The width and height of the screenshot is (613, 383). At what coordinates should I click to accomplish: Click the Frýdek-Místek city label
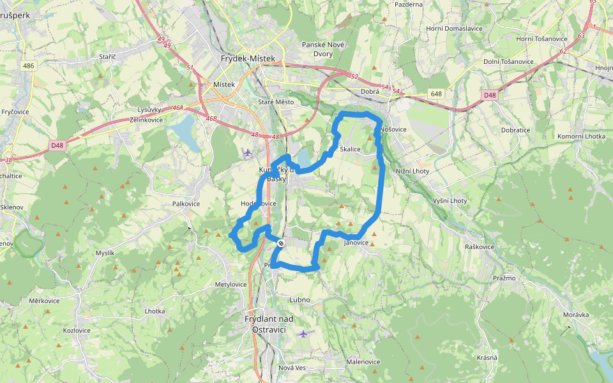(x=248, y=58)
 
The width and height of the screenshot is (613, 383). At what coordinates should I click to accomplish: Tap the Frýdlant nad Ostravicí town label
(x=269, y=324)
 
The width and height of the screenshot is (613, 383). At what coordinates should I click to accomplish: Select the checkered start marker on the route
(x=281, y=243)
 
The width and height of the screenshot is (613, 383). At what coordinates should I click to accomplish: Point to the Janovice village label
(x=356, y=243)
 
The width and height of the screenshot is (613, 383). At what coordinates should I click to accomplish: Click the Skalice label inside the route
(x=351, y=149)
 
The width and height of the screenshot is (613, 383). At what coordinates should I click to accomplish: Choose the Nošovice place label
(x=393, y=129)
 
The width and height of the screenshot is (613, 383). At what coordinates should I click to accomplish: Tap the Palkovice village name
(x=186, y=204)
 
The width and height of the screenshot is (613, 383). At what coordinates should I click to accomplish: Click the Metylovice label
(x=231, y=284)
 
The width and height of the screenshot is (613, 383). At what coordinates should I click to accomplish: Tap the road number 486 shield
(x=28, y=66)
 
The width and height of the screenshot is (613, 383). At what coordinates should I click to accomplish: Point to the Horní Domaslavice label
(x=454, y=29)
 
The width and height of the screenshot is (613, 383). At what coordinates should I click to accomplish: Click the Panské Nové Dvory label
(x=323, y=49)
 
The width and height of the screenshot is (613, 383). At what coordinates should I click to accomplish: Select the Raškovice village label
(x=480, y=246)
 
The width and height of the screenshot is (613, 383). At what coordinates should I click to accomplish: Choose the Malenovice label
(x=363, y=362)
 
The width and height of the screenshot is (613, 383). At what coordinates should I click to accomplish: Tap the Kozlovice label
(x=77, y=331)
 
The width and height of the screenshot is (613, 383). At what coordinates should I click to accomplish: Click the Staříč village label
(x=107, y=57)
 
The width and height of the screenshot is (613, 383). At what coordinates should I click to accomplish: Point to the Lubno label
(x=299, y=299)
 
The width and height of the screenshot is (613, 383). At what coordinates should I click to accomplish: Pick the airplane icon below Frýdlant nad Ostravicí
(x=303, y=333)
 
